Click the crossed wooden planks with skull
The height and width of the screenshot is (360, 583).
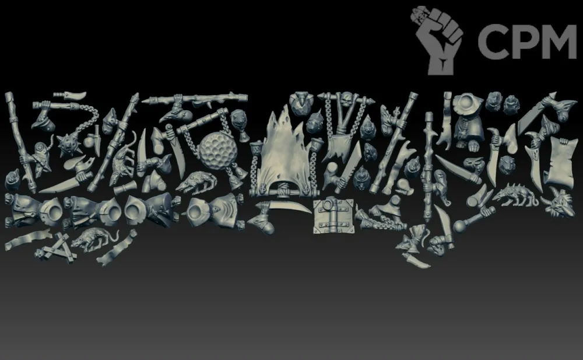pyautogui.click(x=57, y=247)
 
